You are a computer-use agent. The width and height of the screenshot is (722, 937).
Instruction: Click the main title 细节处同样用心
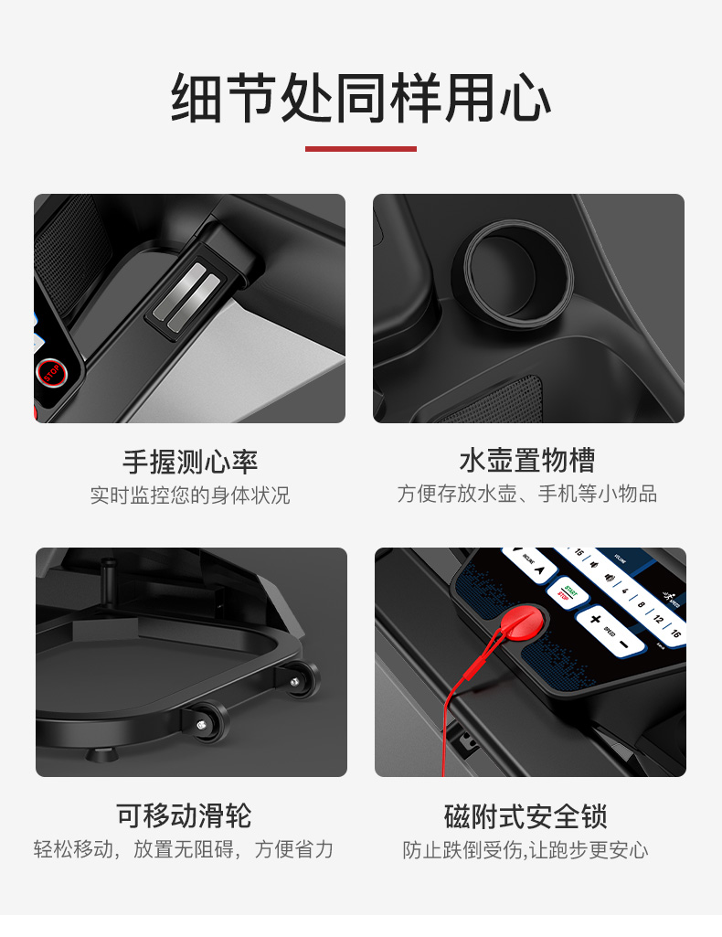(x=361, y=100)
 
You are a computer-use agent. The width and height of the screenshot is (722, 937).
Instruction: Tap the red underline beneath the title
(x=361, y=148)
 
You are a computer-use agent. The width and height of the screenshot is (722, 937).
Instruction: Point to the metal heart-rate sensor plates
(x=187, y=291)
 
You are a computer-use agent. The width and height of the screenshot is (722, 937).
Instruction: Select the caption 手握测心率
(x=190, y=461)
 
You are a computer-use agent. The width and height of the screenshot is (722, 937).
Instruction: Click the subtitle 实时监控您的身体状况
(x=190, y=495)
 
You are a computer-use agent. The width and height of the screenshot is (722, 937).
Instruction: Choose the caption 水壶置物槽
(x=527, y=461)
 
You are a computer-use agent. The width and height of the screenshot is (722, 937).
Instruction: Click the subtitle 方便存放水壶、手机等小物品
(x=527, y=495)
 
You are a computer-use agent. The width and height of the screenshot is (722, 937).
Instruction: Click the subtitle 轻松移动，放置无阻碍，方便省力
(x=184, y=849)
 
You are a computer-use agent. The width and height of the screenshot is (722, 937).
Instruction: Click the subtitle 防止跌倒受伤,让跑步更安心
(x=526, y=850)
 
